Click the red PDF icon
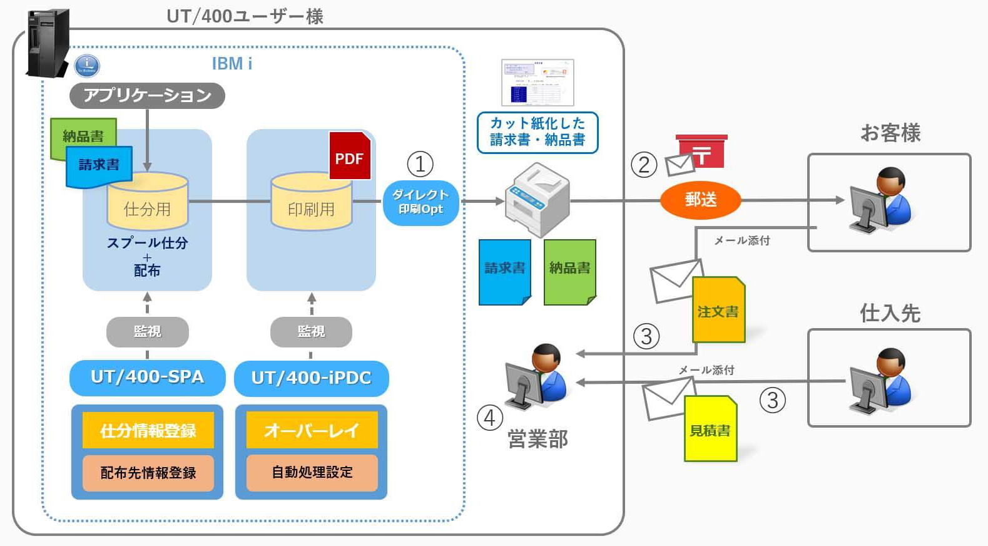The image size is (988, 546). [350, 156]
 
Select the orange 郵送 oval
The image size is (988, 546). [700, 200]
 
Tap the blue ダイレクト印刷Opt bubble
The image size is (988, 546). [420, 202]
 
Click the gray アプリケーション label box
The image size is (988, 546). [147, 95]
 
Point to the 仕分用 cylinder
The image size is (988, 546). [148, 202]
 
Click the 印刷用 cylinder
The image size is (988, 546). [311, 202]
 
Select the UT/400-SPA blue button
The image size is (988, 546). [147, 377]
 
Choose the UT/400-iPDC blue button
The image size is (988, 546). [311, 378]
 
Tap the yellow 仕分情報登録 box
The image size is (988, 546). [148, 430]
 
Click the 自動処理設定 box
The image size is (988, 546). [312, 472]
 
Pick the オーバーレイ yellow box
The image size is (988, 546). [312, 430]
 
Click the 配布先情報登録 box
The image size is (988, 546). [148, 473]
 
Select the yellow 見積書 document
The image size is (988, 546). [710, 429]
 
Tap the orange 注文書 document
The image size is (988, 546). [718, 310]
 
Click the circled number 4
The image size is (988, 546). [489, 418]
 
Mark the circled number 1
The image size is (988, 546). [420, 164]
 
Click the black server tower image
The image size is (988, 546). [48, 43]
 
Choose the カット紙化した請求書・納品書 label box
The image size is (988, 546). [537, 132]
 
